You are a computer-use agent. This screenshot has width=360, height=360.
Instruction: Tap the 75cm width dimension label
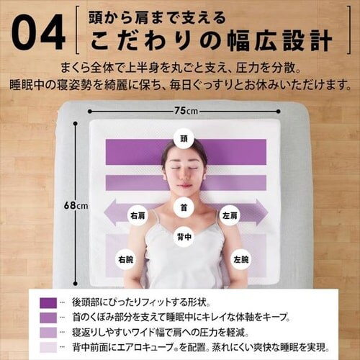click(186, 112)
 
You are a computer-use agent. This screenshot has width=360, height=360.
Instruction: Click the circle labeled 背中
click(184, 235)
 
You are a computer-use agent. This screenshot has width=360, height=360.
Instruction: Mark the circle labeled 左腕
click(240, 258)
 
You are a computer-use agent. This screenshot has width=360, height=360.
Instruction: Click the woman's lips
click(184, 185)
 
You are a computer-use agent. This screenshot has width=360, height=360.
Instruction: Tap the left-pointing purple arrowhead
click(109, 214)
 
